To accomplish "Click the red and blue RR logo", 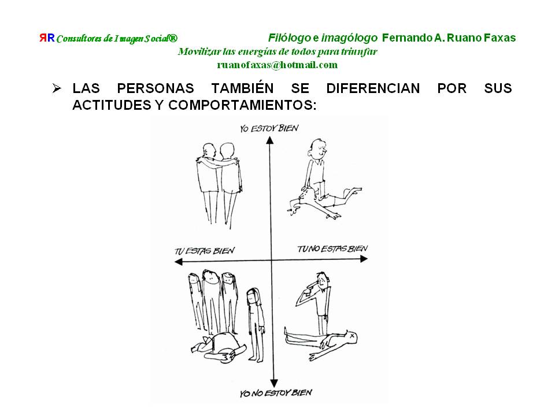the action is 47,38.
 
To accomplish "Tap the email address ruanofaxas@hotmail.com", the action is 277,65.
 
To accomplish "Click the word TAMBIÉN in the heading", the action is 242,88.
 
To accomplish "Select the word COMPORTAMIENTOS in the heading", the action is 242,105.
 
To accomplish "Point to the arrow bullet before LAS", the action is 57,88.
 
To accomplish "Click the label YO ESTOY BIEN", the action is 269,128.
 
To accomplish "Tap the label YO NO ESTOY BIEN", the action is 276,393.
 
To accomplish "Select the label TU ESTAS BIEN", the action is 205,251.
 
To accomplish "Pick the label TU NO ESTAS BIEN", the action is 332,248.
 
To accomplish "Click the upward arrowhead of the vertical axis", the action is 270,140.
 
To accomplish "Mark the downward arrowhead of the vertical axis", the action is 273,383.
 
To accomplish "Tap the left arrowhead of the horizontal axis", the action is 179,262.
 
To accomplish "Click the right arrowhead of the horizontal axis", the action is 364,259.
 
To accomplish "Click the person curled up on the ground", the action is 219,347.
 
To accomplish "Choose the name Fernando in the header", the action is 408,38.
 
